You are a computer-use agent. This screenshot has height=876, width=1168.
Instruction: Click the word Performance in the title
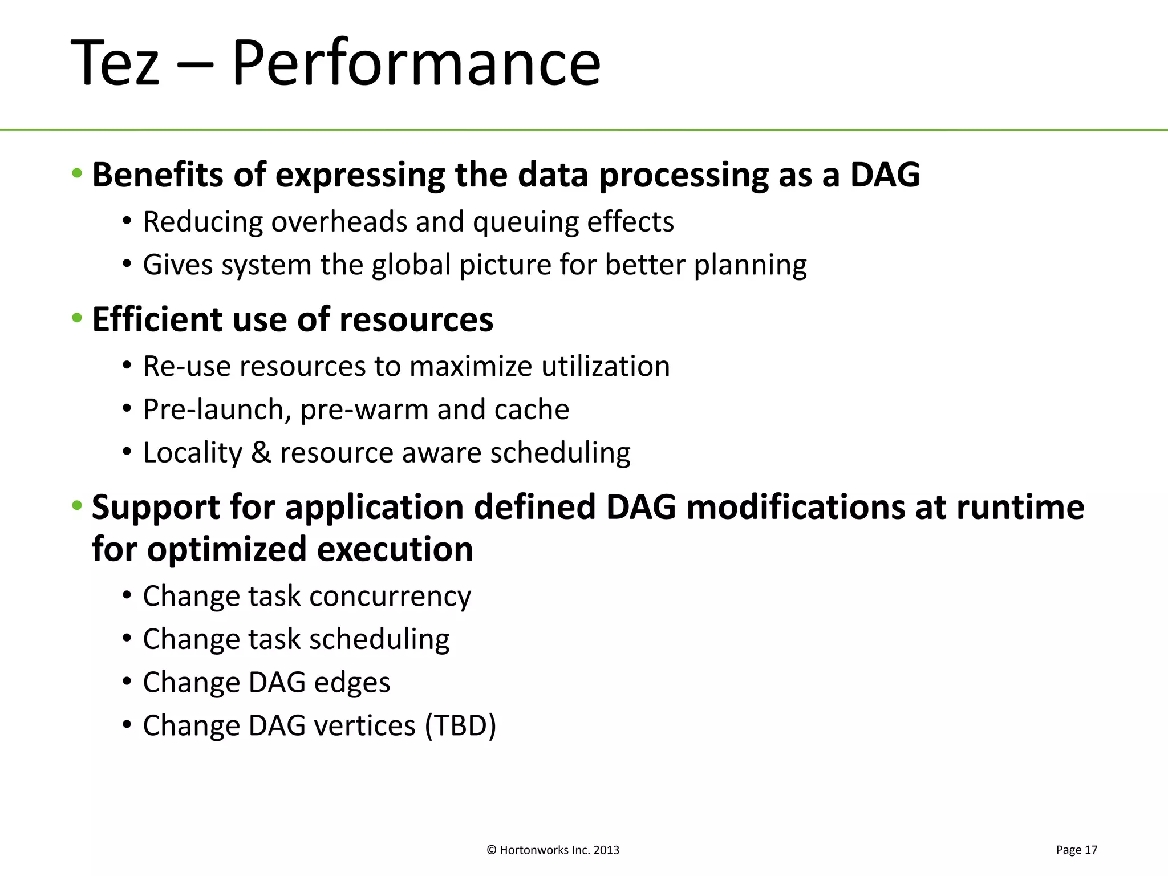pyautogui.click(x=416, y=63)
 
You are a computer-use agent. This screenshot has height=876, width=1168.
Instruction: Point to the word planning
pyautogui.click(x=750, y=266)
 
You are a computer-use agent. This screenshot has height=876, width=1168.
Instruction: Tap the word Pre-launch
pyautogui.click(x=217, y=409)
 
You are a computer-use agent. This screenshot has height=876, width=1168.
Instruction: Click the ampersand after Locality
pyautogui.click(x=261, y=453)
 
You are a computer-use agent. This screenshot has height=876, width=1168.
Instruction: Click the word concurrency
pyautogui.click(x=390, y=597)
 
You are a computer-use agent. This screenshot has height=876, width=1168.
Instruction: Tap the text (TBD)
pyautogui.click(x=460, y=726)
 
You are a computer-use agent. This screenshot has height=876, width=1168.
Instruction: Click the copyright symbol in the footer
pyautogui.click(x=492, y=850)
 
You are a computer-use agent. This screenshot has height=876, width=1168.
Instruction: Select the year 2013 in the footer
pyautogui.click(x=606, y=850)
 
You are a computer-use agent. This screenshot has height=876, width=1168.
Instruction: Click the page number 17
pyautogui.click(x=1090, y=850)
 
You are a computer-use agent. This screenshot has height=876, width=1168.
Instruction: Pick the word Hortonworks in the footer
pyautogui.click(x=534, y=850)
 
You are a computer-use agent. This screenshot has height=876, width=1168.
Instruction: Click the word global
pyautogui.click(x=411, y=265)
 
